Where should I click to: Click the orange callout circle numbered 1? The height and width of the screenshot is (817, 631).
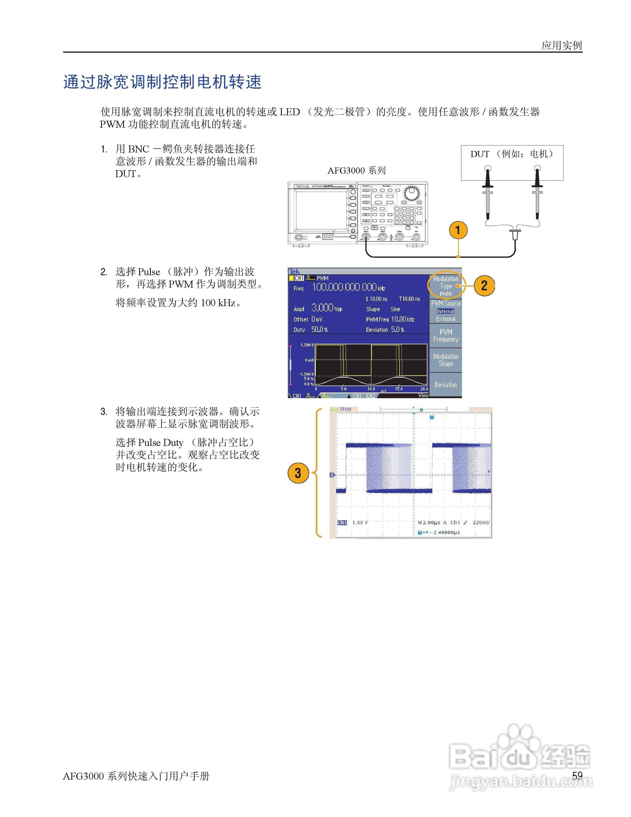tap(458, 230)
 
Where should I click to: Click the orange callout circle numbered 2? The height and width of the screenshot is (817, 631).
tap(484, 285)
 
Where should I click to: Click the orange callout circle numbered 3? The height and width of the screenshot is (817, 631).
tap(298, 473)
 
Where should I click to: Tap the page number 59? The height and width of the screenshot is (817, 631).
tap(577, 775)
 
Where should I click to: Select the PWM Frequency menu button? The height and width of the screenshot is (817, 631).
tap(446, 336)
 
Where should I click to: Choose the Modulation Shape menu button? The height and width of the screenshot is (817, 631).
tap(446, 360)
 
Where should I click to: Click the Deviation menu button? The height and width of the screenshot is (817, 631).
tap(446, 385)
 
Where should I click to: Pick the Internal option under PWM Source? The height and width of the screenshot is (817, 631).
tap(446, 311)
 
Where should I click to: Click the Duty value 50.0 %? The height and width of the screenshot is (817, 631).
tap(320, 330)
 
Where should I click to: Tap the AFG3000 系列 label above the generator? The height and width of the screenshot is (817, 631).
tap(356, 170)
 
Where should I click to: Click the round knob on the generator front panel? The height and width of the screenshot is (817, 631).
tap(412, 193)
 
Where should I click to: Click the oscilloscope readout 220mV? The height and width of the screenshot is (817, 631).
tap(481, 522)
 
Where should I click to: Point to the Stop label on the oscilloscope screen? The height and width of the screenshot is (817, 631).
tap(345, 409)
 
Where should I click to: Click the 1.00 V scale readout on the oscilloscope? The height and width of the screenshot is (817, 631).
tap(360, 522)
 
